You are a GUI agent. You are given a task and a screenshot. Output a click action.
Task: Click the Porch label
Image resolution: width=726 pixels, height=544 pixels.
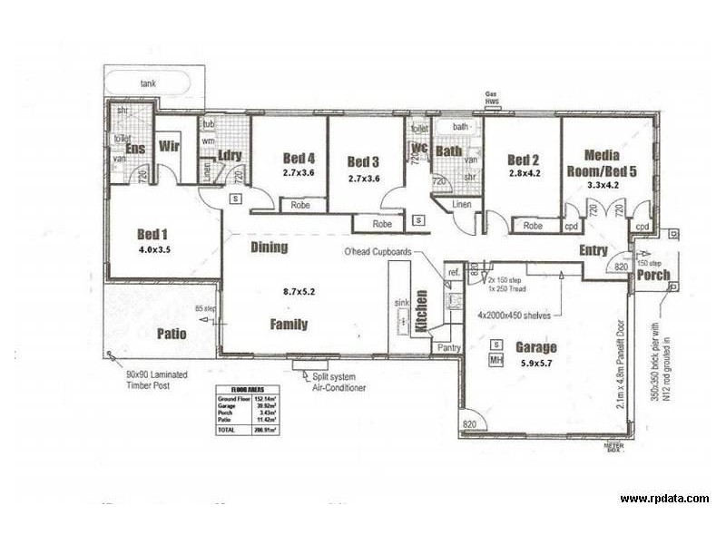coord(653,276)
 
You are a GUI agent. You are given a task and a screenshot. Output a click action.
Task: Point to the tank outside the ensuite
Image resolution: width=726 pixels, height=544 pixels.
coord(147,83)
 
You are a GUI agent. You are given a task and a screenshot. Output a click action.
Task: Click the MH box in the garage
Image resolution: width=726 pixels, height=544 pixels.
coord(496,361)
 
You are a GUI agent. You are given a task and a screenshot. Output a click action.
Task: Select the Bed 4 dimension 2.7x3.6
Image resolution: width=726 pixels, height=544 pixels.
coord(298,172)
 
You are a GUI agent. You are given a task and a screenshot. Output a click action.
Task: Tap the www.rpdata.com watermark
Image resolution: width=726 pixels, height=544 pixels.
coord(664,499)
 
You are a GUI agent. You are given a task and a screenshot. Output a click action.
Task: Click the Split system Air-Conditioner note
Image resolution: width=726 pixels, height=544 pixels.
coord(338,382)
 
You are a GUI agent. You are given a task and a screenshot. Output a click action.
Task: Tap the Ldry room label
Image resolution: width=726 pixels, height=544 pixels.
coord(230,156)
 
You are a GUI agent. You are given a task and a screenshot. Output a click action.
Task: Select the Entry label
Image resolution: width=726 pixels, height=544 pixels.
coord(594,249)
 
